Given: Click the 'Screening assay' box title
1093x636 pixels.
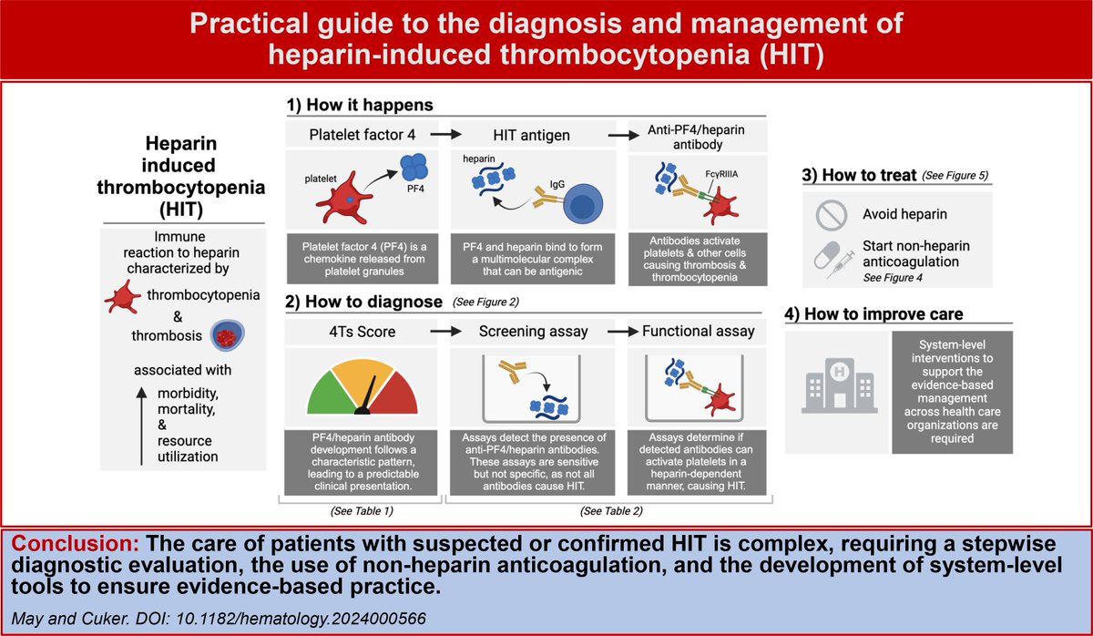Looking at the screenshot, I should (533, 332).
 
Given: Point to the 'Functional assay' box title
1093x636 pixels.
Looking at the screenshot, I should (699, 332).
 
